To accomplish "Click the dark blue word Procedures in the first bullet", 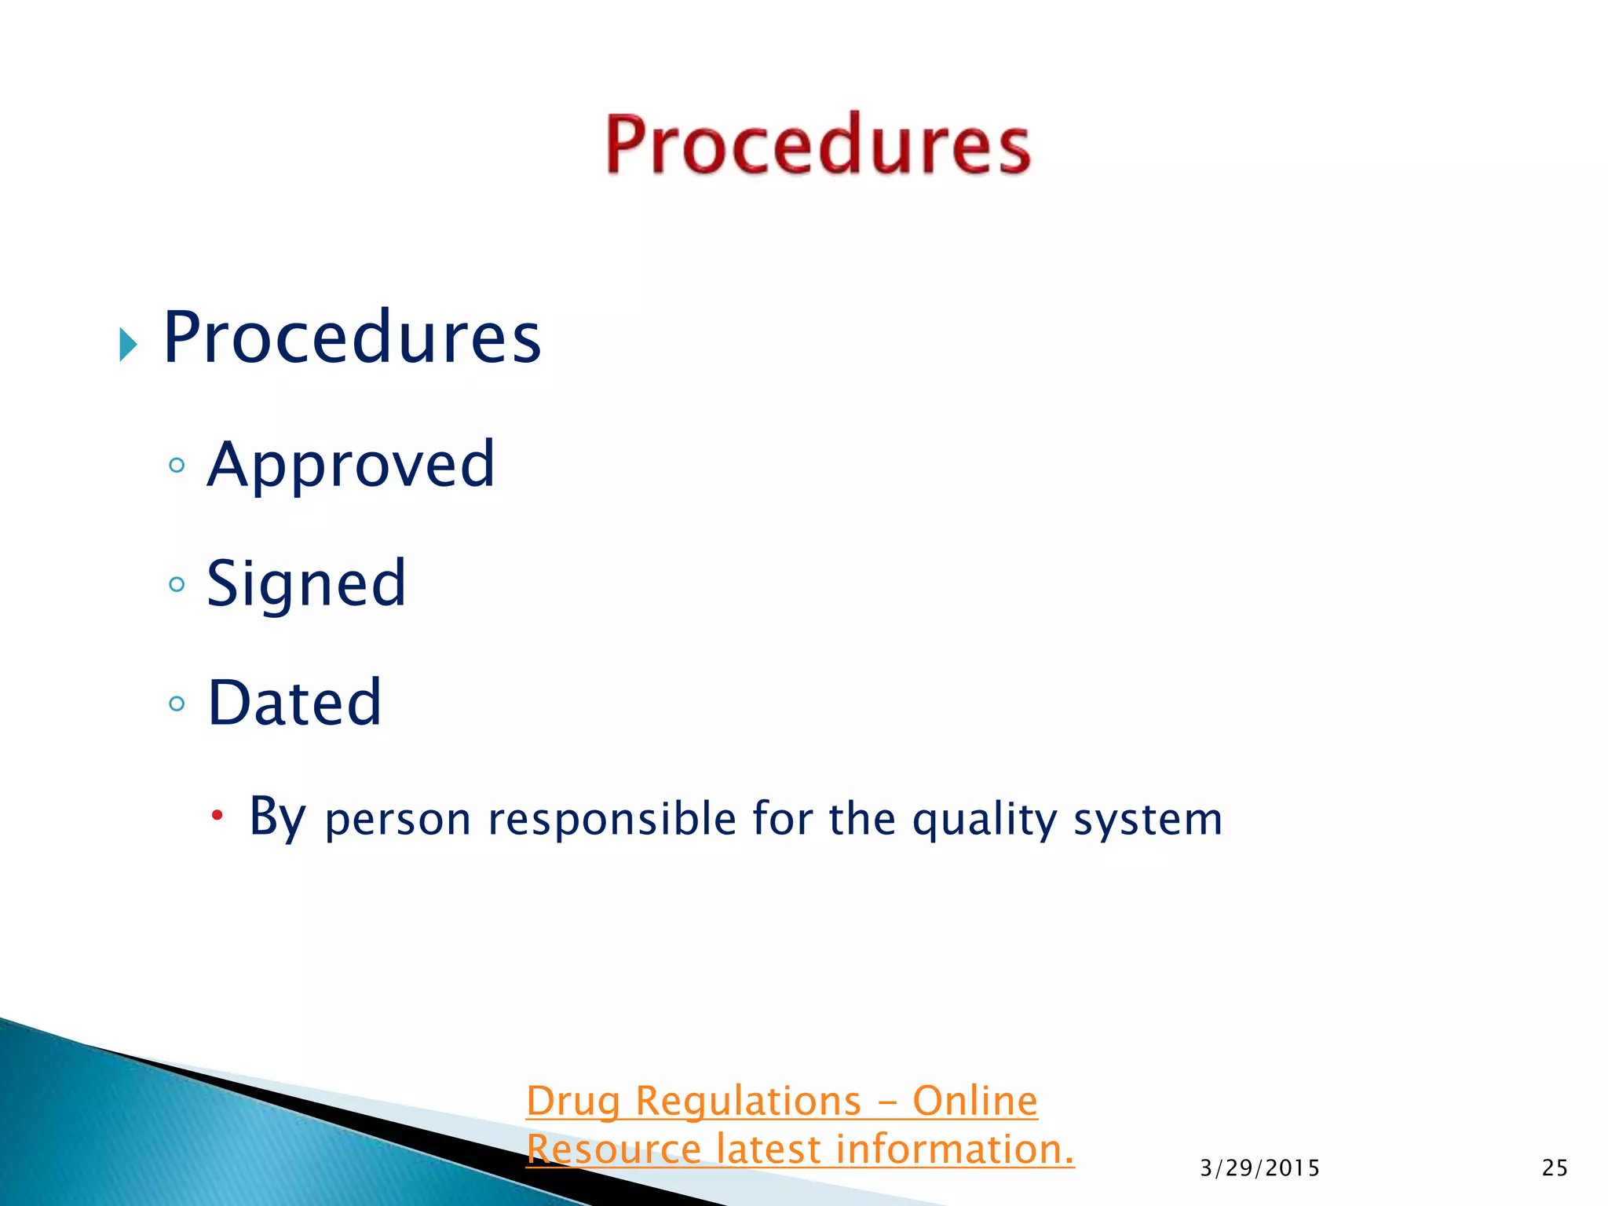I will click(352, 338).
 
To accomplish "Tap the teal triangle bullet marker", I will click(128, 344).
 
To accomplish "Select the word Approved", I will click(351, 465).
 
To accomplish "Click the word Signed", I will click(306, 583).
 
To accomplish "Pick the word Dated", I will click(294, 703).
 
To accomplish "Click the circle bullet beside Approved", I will click(177, 466).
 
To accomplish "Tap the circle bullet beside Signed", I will click(177, 584).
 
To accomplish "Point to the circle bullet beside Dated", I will click(177, 703).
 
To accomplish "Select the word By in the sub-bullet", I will click(276, 817).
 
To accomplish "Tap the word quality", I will click(985, 820).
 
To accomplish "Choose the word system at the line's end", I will click(1148, 820).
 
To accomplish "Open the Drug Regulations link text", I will click(694, 1101).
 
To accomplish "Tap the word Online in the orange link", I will click(974, 1101).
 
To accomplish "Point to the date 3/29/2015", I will click(1259, 1168).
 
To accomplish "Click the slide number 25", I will click(1555, 1168).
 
